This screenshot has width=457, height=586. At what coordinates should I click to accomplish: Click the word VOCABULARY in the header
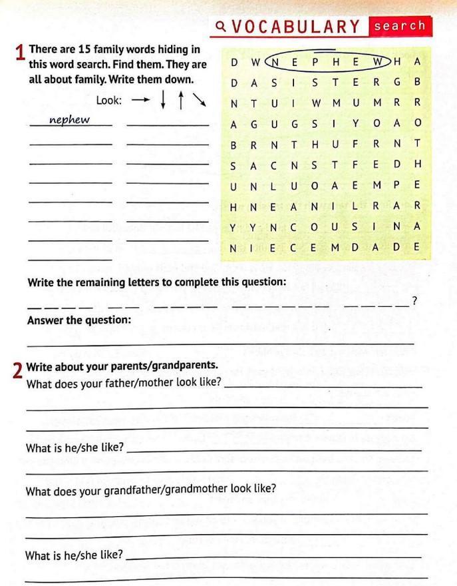click(297, 27)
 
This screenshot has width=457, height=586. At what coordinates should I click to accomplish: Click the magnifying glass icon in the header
click(221, 27)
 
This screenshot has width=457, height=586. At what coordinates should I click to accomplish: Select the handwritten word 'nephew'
click(70, 120)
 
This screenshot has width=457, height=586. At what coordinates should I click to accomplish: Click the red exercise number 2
click(18, 370)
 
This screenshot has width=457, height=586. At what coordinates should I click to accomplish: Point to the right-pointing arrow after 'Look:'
click(140, 101)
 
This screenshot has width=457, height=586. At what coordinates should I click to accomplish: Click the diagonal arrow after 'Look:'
click(200, 101)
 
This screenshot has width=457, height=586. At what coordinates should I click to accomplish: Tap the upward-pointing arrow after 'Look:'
click(181, 101)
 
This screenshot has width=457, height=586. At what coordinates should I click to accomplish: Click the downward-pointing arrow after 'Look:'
click(164, 101)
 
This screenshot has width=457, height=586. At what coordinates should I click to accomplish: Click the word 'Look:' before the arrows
click(109, 101)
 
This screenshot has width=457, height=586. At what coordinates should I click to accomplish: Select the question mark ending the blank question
click(414, 302)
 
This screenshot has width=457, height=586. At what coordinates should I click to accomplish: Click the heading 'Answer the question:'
click(79, 320)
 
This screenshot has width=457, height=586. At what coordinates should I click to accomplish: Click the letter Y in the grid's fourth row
click(356, 124)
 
